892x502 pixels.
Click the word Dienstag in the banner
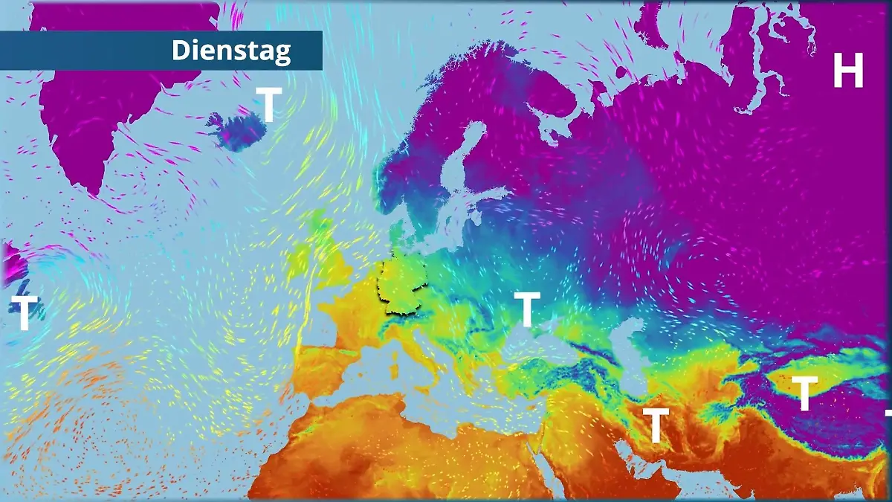coord(231,51)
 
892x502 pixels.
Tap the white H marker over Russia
coord(847,72)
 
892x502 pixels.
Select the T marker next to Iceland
coord(269,104)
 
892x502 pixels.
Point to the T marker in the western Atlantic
coord(24,313)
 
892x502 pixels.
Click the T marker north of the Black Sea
coord(527,309)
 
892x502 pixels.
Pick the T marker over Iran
coord(656,425)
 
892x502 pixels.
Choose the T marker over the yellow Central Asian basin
coord(804,393)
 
